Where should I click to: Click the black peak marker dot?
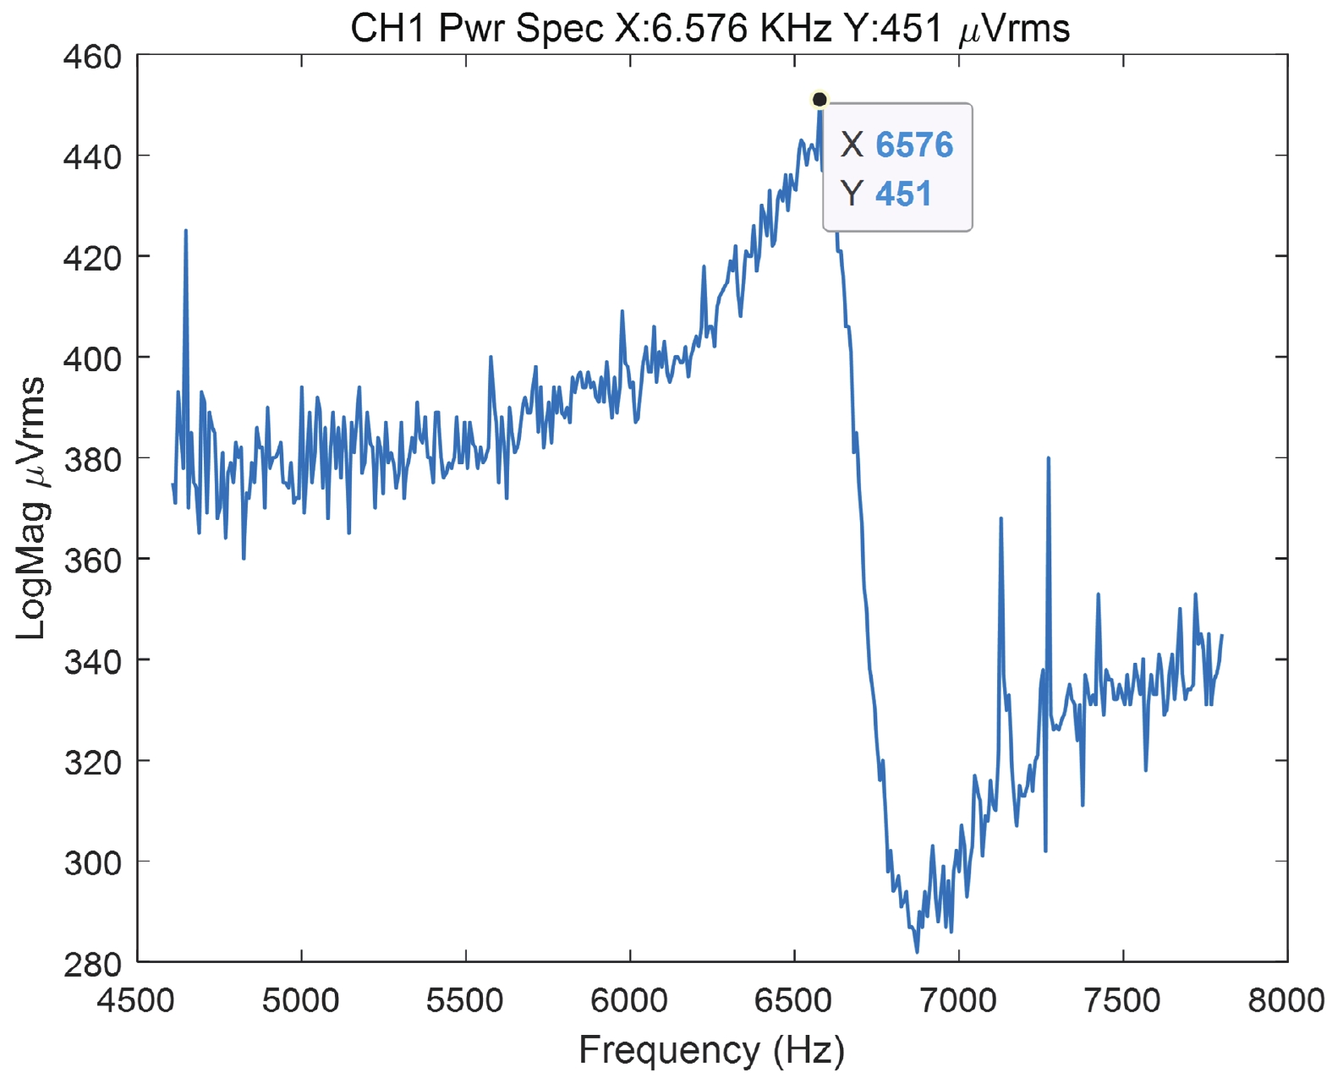pyautogui.click(x=819, y=100)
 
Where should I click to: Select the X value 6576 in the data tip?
pyautogui.click(x=914, y=145)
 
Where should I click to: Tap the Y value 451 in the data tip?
pyautogui.click(x=903, y=194)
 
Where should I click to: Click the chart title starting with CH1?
pyautogui.click(x=710, y=29)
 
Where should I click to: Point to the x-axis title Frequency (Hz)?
pyautogui.click(x=711, y=1050)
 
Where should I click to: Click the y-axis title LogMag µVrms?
pyautogui.click(x=31, y=508)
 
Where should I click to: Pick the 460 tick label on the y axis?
pyautogui.click(x=92, y=57)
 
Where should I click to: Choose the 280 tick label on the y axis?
pyautogui.click(x=92, y=963)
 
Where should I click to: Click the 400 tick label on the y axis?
pyautogui.click(x=92, y=358)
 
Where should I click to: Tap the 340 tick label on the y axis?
pyautogui.click(x=92, y=660)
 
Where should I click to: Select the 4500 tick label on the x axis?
pyautogui.click(x=136, y=1000)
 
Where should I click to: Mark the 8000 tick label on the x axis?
pyautogui.click(x=1286, y=1000)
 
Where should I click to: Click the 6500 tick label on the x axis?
pyautogui.click(x=793, y=1000)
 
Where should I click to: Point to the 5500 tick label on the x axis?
pyautogui.click(x=465, y=1000)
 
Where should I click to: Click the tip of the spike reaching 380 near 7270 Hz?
pyautogui.click(x=1048, y=458)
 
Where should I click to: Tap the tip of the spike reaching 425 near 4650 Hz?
pyautogui.click(x=186, y=230)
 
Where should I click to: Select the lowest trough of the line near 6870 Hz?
pyautogui.click(x=917, y=952)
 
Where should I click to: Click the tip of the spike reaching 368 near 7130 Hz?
pyautogui.click(x=1000, y=518)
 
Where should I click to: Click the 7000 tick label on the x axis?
pyautogui.click(x=958, y=1000)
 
